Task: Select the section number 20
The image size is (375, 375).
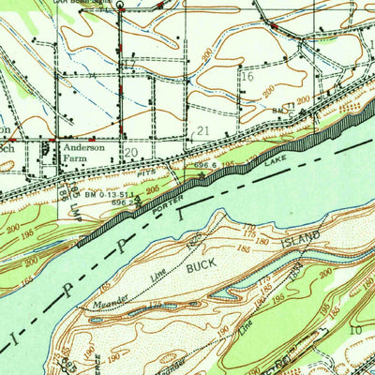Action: [131, 151]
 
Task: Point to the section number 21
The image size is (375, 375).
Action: [202, 132]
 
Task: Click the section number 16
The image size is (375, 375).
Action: [248, 78]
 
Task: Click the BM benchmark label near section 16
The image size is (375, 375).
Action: [277, 110]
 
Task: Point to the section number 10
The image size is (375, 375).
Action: [355, 330]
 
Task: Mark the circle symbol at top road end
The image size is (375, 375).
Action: [120, 4]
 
